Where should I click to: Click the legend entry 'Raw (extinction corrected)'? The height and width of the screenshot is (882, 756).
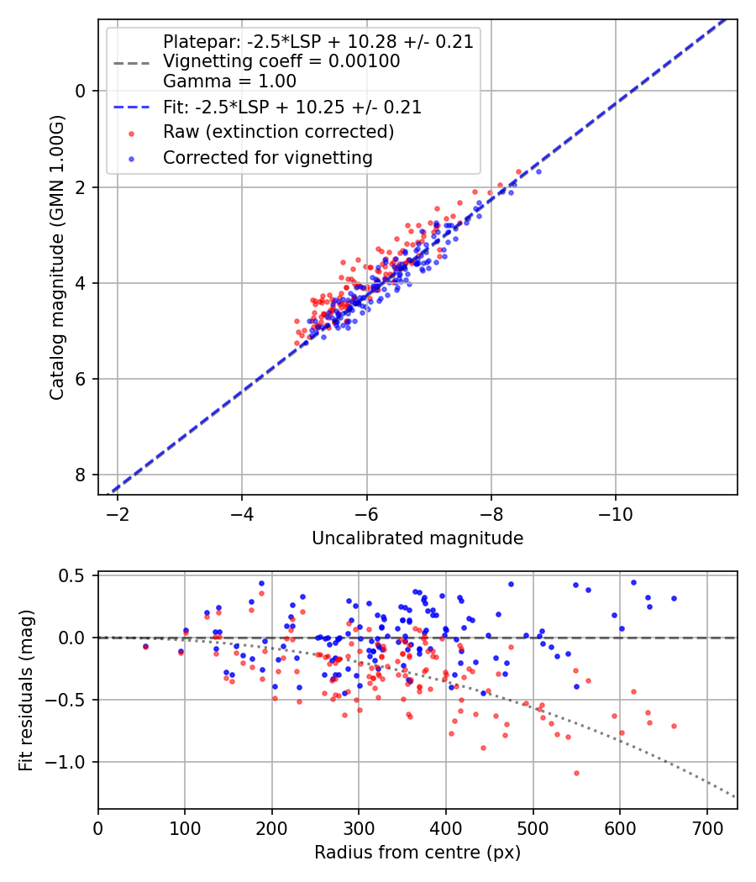coord(278,132)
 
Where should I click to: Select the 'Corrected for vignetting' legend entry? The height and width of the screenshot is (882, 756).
coord(267,157)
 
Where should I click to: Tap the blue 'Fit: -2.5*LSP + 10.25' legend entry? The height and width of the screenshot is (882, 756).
coord(292,108)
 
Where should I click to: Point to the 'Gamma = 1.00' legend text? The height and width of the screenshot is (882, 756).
coord(229,81)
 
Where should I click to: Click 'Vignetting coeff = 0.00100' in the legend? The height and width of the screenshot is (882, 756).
coord(281,61)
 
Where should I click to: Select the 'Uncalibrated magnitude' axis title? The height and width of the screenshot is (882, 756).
coord(417,538)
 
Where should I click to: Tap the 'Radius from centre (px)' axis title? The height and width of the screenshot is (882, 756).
coord(417,853)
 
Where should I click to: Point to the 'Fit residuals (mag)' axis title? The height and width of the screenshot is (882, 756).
coord(26,690)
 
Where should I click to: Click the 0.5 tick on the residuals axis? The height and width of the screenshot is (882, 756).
coord(76,575)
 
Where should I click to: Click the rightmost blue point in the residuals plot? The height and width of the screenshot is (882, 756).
coord(674,598)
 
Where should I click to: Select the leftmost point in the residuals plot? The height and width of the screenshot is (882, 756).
coord(145,646)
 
